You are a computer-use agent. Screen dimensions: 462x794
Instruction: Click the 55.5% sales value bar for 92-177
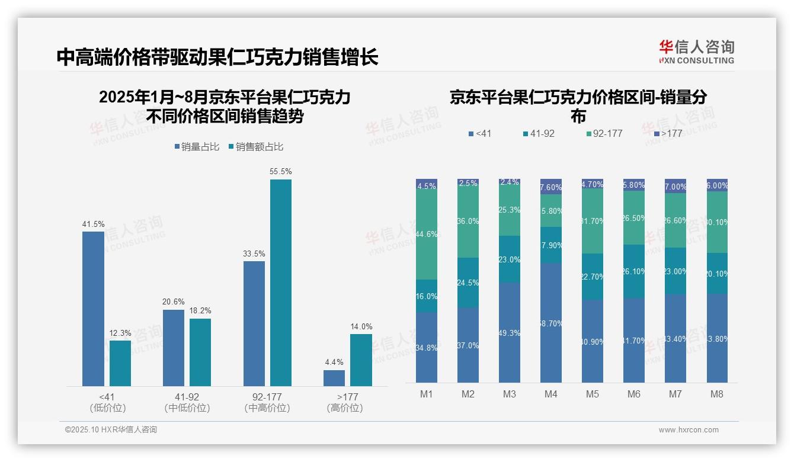[281, 283]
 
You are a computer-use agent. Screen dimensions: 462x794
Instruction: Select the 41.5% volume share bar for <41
[93, 309]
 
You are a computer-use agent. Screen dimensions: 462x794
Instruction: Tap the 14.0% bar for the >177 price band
[361, 360]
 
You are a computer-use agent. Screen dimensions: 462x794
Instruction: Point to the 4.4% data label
[334, 362]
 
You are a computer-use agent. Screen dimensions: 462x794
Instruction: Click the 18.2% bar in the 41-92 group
[200, 352]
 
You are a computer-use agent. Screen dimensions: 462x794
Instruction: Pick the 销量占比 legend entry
[197, 147]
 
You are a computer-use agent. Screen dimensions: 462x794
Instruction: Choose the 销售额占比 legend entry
[256, 147]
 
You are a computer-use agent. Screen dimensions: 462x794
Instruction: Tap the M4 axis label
[550, 394]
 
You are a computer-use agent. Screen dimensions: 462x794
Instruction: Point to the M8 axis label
[716, 394]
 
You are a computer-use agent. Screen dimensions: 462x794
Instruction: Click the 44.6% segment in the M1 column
[427, 235]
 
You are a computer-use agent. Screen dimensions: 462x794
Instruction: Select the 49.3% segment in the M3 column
[510, 332]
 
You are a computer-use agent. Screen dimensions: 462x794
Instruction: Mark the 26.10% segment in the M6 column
[634, 271]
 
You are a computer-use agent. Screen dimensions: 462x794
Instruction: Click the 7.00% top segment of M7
[675, 186]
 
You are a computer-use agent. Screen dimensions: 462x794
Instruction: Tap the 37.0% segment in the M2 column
[468, 345]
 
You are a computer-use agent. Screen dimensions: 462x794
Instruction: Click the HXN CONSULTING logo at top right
[696, 52]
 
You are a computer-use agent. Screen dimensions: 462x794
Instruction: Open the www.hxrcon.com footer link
[689, 430]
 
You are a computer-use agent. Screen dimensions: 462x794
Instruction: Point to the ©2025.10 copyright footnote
[111, 430]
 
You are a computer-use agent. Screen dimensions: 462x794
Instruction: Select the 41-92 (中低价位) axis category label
[187, 402]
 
